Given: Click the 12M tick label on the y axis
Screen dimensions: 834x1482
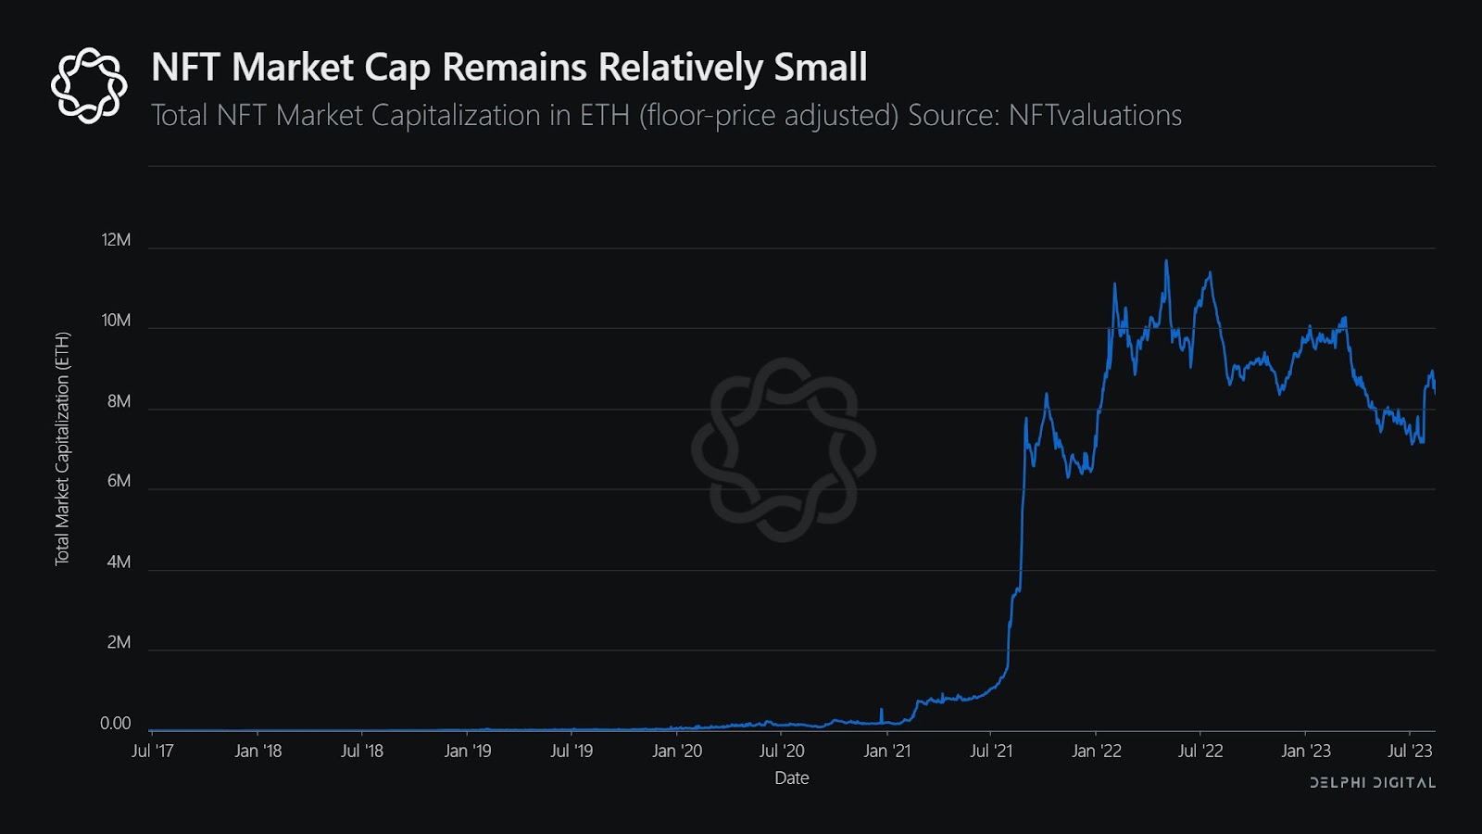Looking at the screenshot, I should (116, 240).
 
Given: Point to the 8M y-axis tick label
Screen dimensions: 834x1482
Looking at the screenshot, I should (119, 401).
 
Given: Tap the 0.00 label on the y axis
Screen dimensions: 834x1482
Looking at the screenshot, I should (115, 724).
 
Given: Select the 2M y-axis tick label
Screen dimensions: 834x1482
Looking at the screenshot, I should (119, 642).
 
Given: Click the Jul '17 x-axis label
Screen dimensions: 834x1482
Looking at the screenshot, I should (153, 751).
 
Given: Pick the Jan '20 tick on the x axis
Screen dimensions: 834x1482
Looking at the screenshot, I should (677, 751).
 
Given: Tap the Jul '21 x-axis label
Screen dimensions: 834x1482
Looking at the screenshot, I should (991, 751).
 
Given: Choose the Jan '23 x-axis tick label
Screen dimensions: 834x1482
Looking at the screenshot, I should (1305, 751).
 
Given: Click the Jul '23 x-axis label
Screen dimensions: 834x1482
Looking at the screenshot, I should (1410, 751).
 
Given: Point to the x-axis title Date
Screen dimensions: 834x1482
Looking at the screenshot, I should (792, 778).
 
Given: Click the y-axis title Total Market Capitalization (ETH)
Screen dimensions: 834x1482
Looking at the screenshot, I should (62, 449).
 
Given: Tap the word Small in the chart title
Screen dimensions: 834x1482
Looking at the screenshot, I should (821, 68).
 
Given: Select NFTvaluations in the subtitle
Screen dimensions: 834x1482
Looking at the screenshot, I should (1095, 116).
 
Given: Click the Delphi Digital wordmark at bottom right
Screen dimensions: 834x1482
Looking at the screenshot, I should (1373, 783).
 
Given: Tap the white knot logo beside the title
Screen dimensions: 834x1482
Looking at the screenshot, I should (89, 85).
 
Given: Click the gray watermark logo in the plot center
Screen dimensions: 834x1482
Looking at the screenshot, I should (784, 450).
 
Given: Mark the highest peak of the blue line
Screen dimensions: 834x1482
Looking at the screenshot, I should (1166, 261).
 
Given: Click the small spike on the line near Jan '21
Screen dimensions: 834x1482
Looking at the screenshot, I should (881, 710).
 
